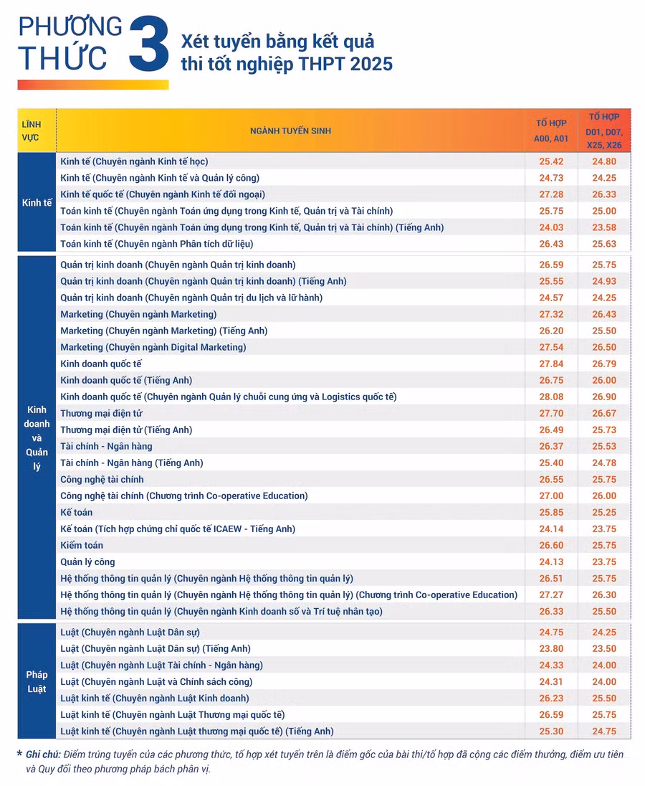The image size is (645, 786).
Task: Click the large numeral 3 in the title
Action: (x=150, y=44)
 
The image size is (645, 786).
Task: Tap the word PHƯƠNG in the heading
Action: (x=70, y=27)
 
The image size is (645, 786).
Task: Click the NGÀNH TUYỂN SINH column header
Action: (x=290, y=131)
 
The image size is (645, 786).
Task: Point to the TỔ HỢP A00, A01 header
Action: (x=550, y=131)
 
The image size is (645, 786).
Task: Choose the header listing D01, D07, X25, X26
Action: (x=603, y=130)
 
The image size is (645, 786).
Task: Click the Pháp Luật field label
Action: (x=37, y=682)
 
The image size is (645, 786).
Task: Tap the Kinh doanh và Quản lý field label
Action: (x=37, y=437)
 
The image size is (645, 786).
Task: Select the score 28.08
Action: (x=550, y=397)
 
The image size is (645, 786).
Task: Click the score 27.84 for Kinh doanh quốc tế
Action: (x=550, y=364)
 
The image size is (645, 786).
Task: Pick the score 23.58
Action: (x=603, y=227)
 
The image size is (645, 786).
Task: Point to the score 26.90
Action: (x=603, y=397)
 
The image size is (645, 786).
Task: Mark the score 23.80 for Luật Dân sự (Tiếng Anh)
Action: (x=550, y=648)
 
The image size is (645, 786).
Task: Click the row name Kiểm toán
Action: (x=81, y=545)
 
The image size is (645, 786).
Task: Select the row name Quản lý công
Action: (x=87, y=562)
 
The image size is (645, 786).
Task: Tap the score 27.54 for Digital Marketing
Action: (x=550, y=347)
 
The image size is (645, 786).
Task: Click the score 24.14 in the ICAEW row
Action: (x=550, y=529)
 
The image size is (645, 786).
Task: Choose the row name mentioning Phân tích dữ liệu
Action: (x=157, y=244)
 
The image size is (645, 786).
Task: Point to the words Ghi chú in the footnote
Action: (x=43, y=754)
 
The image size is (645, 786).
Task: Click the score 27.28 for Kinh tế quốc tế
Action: (x=550, y=194)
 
